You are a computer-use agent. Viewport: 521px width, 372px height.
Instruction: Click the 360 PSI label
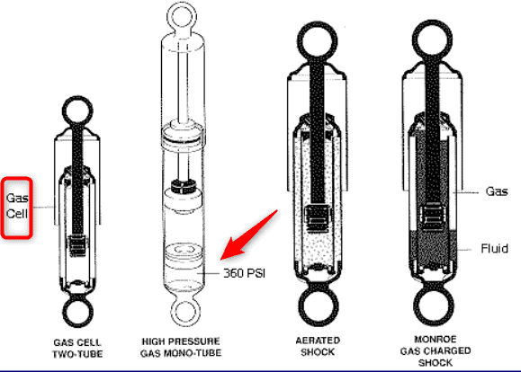[x=244, y=273]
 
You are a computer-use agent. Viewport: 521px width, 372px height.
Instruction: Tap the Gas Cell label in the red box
[x=17, y=206]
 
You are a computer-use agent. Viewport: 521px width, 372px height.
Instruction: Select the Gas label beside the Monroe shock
[x=497, y=191]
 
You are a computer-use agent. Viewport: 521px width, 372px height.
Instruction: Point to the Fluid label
[x=494, y=248]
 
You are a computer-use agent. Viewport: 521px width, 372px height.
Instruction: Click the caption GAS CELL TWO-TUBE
[x=77, y=348]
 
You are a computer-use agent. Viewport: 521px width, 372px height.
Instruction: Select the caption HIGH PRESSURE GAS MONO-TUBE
[x=181, y=347]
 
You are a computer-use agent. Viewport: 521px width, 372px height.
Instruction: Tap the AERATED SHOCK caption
[x=318, y=346]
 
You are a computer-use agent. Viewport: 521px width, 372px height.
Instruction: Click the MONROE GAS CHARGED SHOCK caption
[x=436, y=351]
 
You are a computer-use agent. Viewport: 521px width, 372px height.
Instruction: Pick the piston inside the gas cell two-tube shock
[x=77, y=245]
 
